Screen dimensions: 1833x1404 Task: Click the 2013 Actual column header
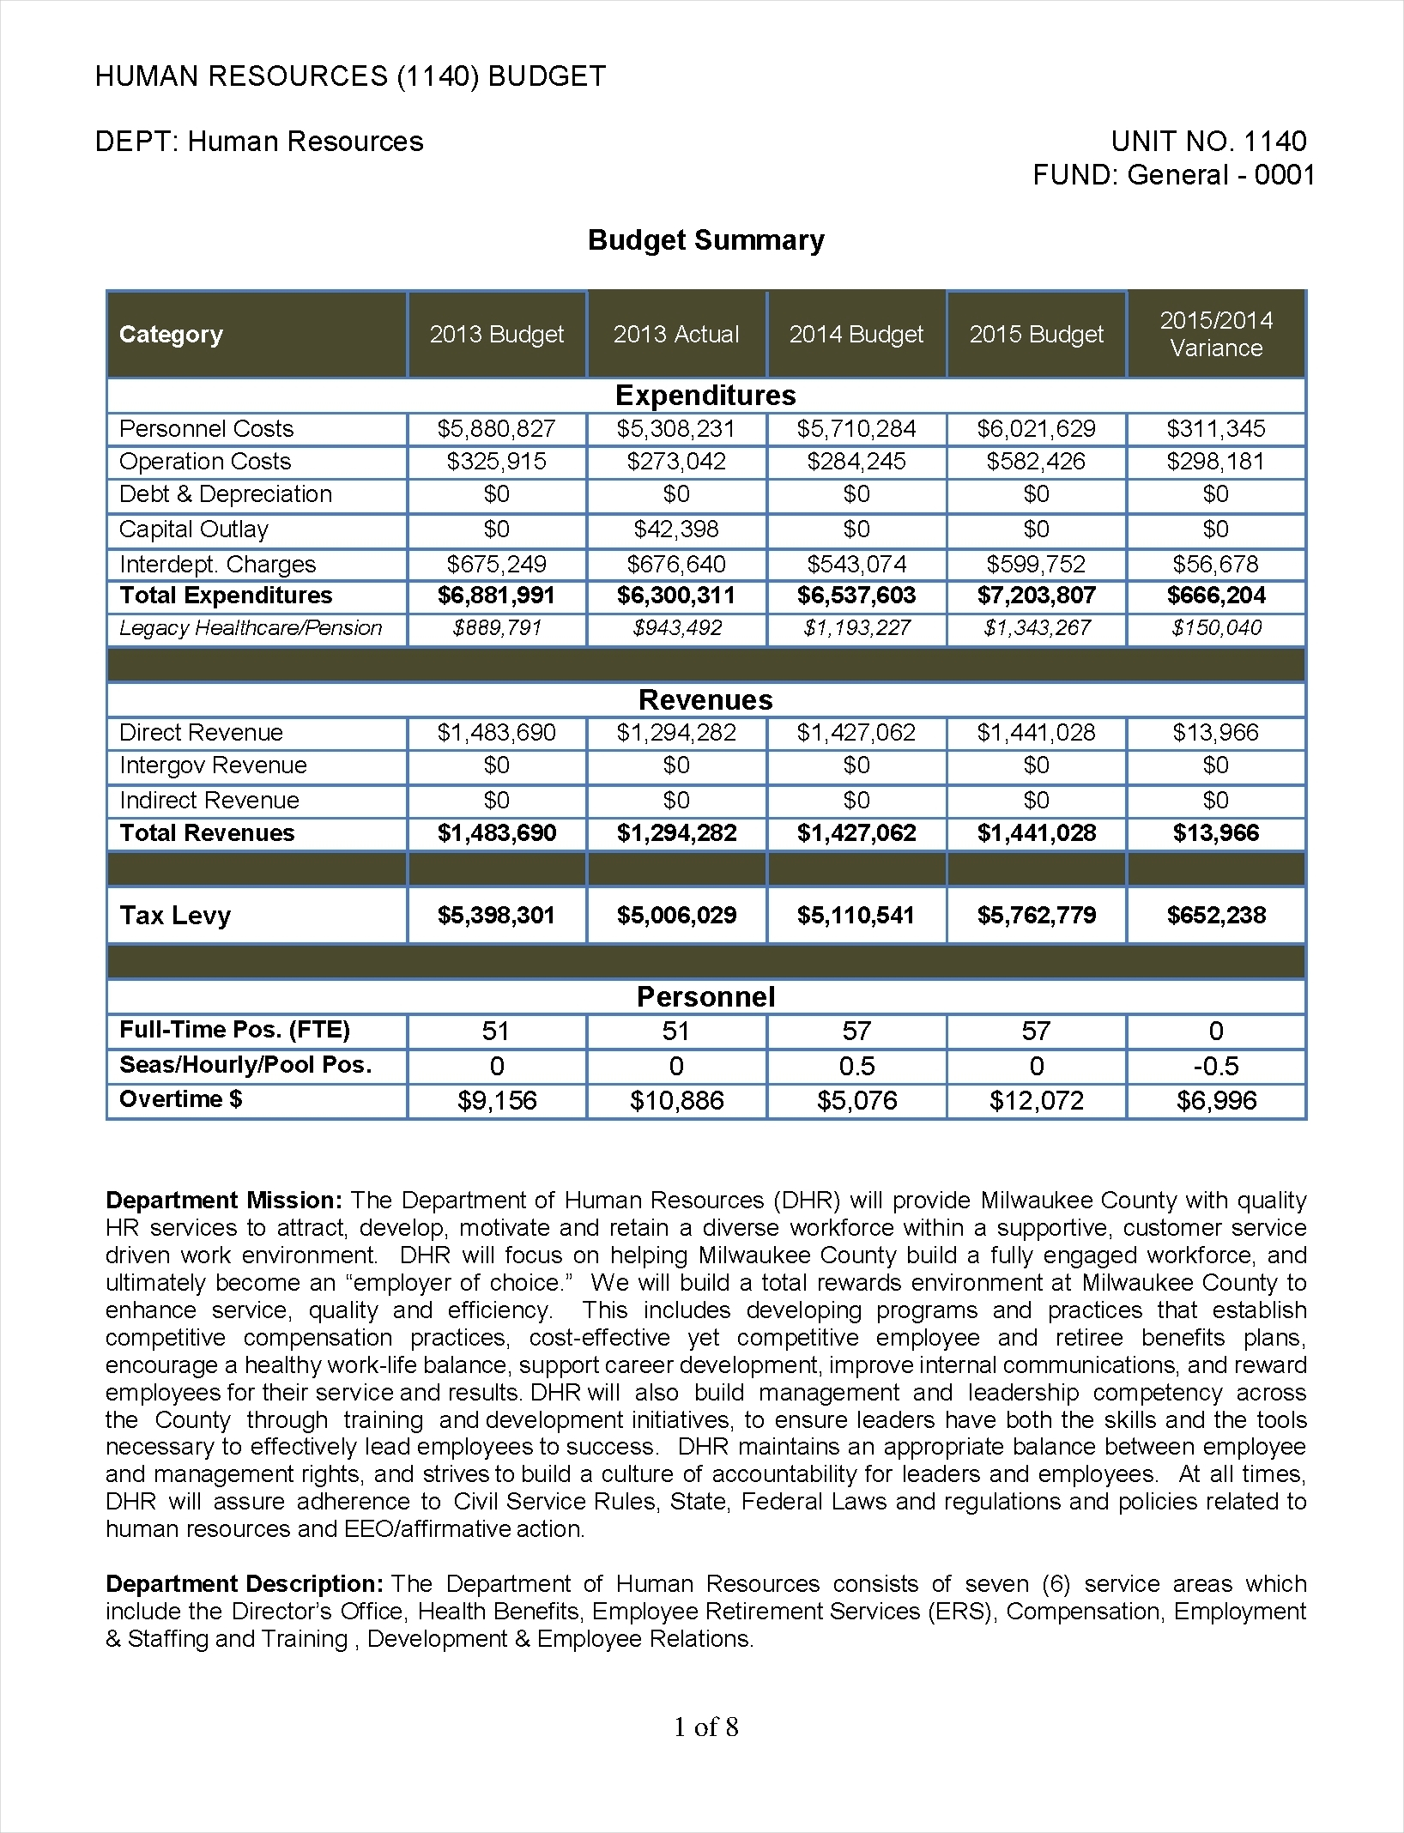tap(675, 335)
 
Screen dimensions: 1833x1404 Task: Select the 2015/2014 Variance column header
tap(1216, 335)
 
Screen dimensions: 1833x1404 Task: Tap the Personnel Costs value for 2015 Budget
tap(1036, 428)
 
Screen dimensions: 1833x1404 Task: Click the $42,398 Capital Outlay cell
tap(675, 529)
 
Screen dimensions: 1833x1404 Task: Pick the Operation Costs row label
tap(205, 462)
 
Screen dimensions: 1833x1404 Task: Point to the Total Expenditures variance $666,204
tap(1216, 596)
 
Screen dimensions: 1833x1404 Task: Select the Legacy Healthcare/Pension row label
tap(251, 628)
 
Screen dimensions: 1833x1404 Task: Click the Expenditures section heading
tap(705, 395)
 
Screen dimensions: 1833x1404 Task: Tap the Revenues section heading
tap(705, 699)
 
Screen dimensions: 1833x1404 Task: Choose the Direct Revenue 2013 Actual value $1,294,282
tap(675, 733)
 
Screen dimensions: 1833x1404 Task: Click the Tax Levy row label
tap(175, 916)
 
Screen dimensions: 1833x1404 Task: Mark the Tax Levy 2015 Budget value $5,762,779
tap(1036, 916)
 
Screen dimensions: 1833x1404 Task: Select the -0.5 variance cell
tap(1216, 1067)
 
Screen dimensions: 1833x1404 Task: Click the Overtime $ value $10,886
tap(675, 1101)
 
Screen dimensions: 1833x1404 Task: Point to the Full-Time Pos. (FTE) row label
tap(234, 1030)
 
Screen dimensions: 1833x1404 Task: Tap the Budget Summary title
tap(705, 240)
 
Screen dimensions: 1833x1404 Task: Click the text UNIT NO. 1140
tap(1208, 142)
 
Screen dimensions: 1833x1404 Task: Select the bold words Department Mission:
tap(224, 1201)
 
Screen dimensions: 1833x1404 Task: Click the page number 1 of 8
tap(705, 1727)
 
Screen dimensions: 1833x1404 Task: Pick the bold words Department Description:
tap(245, 1584)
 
